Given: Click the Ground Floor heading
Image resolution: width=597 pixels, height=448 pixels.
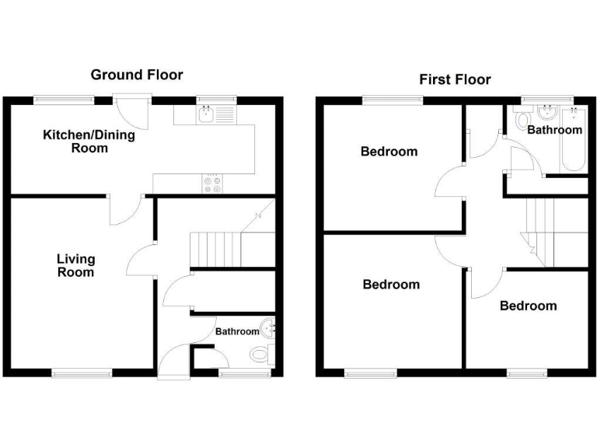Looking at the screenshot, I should pyautogui.click(x=137, y=75).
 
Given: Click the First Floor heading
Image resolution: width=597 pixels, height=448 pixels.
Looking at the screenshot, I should pyautogui.click(x=455, y=79).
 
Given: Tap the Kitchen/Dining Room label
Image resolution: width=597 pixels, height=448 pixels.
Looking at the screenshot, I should pyautogui.click(x=89, y=141).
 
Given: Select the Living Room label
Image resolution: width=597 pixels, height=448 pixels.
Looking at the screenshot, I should pyautogui.click(x=75, y=265).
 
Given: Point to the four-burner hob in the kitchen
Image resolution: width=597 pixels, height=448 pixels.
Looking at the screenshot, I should pyautogui.click(x=212, y=184).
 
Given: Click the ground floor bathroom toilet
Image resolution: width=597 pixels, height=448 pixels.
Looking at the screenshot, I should pyautogui.click(x=260, y=355).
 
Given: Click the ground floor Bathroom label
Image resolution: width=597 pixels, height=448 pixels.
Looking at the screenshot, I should pyautogui.click(x=237, y=331).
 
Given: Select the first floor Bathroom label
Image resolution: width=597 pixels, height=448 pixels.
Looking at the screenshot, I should pyautogui.click(x=554, y=130).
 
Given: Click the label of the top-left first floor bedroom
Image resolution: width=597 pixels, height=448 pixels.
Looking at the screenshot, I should pyautogui.click(x=389, y=152).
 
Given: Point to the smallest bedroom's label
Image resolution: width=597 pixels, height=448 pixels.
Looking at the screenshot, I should pyautogui.click(x=528, y=306).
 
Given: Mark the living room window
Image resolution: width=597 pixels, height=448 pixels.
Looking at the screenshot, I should pyautogui.click(x=81, y=373).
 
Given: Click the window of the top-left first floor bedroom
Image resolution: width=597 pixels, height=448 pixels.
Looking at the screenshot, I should pyautogui.click(x=393, y=98).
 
